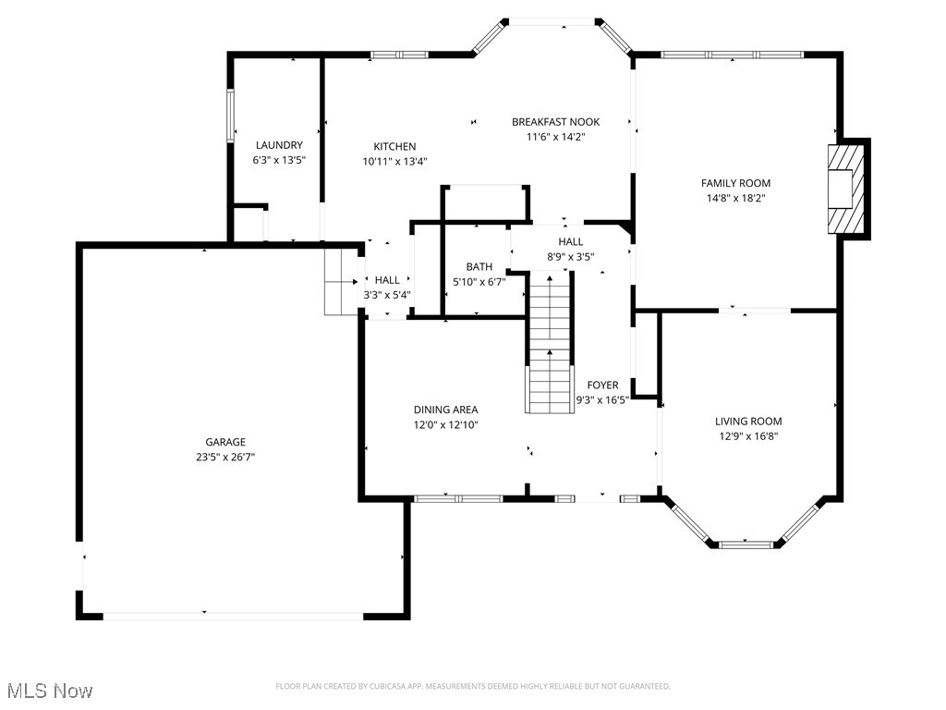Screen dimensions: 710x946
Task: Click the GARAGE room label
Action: click(225, 442)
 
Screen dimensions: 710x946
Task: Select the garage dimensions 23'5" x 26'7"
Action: click(225, 456)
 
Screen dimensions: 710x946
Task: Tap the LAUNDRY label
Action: click(279, 145)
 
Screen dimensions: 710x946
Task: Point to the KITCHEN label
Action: click(394, 146)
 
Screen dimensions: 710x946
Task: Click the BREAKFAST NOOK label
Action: click(556, 122)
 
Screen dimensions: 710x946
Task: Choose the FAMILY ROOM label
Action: click(735, 183)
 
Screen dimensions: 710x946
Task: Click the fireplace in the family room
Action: click(847, 189)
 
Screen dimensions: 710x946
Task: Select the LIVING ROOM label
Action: click(748, 422)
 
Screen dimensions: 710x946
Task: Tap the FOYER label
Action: click(602, 386)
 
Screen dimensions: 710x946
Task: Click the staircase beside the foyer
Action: click(551, 342)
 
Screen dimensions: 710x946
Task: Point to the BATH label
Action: click(479, 267)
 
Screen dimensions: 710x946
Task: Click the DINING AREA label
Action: click(445, 410)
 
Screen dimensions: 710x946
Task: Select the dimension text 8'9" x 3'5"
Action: click(570, 256)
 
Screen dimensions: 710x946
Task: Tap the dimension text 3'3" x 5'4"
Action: click(387, 295)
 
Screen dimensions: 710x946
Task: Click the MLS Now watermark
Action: click(50, 691)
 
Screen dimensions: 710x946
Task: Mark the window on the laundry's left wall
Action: click(231, 116)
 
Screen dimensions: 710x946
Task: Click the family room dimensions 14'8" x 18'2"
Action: click(735, 198)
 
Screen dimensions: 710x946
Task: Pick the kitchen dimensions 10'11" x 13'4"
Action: click(394, 161)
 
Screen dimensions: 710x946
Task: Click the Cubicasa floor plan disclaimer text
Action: click(473, 686)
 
